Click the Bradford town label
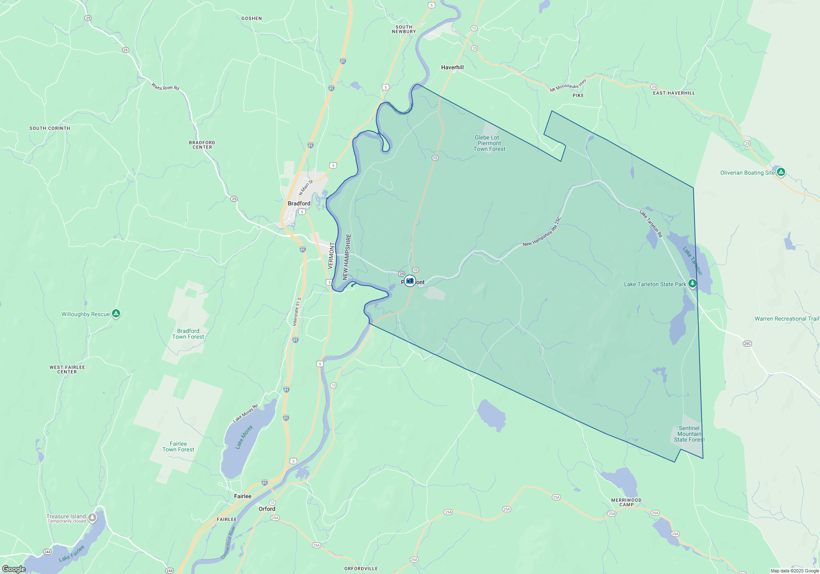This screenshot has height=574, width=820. click(299, 203)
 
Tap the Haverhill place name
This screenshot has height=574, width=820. click(452, 67)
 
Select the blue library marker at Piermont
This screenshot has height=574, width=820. click(410, 281)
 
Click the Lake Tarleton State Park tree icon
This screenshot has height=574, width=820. click(692, 283)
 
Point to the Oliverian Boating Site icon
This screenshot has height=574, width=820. click(781, 172)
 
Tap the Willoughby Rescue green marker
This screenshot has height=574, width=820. click(116, 314)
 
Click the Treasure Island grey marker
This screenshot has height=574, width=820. click(93, 518)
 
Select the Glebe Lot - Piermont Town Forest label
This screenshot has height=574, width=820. click(489, 143)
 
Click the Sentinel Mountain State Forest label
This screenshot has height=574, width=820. click(689, 434)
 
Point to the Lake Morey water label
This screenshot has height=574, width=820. click(244, 437)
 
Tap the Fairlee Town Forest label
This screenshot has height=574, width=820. click(178, 446)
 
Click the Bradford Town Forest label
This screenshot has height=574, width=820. click(188, 334)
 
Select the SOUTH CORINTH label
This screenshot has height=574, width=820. click(50, 128)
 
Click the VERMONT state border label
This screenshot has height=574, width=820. click(331, 255)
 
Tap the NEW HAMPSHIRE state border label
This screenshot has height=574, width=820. click(347, 257)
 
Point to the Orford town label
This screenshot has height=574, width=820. click(267, 509)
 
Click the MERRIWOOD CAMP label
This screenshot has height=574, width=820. click(626, 502)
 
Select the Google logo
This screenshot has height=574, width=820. click(14, 569)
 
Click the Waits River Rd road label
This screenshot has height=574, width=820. click(165, 87)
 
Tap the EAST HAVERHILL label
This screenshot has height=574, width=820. click(674, 93)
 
